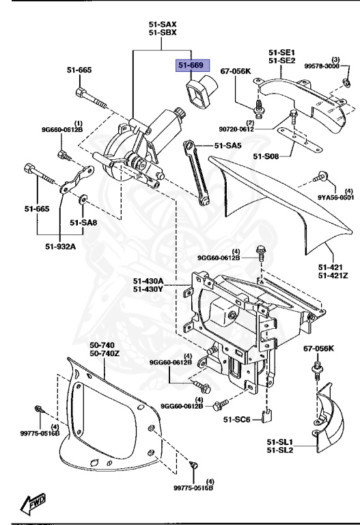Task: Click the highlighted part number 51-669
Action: coord(191,65)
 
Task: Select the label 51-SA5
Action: coord(228,145)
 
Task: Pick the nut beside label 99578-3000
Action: coord(346,83)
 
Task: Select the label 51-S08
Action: coord(266,157)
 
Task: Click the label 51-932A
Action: coord(61,247)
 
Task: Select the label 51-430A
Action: coord(149,280)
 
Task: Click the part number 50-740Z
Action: coord(105,353)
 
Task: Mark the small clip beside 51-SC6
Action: coord(268,414)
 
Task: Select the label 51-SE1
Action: coord(281,52)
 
